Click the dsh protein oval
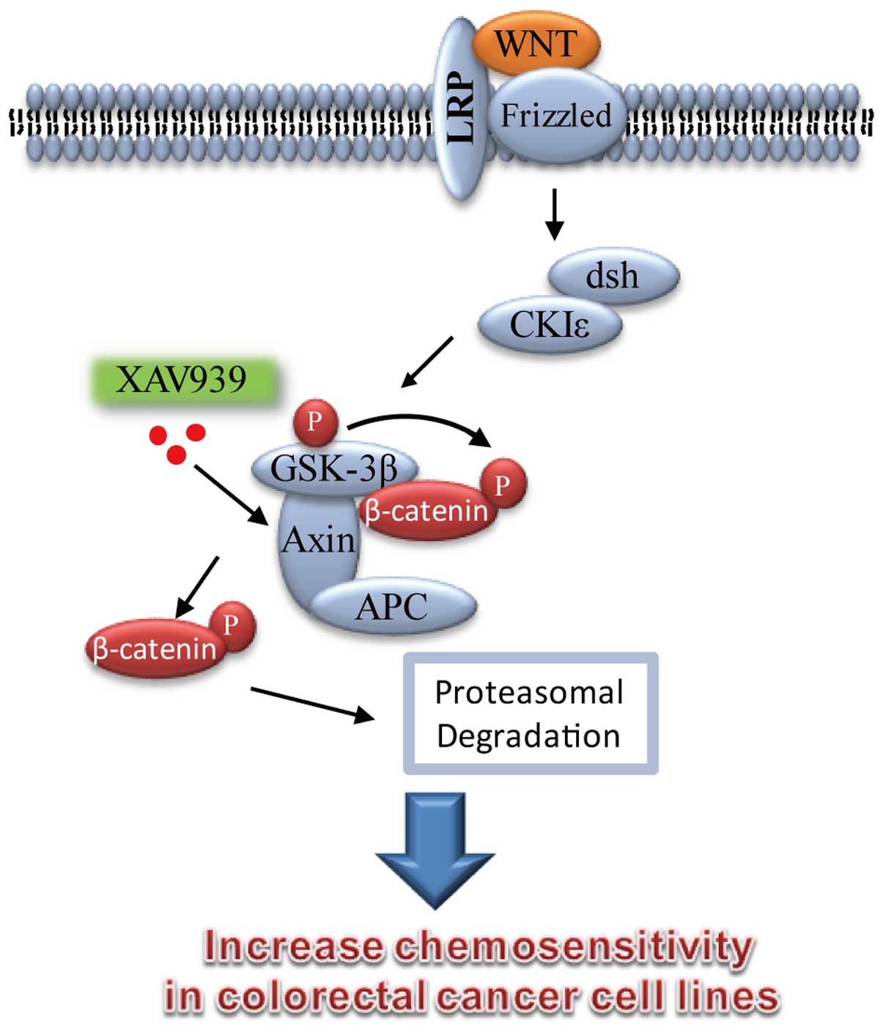click(613, 276)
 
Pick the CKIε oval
click(550, 325)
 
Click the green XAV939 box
click(183, 381)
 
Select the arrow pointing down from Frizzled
click(555, 214)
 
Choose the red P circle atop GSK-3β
click(315, 422)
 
